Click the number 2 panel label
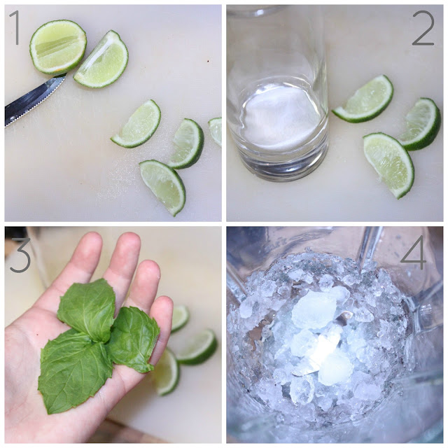423,28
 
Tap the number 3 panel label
20,255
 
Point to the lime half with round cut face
58,47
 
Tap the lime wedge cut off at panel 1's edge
216,131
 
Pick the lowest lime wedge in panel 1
163,185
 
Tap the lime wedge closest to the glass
364,99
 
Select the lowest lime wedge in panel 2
389,164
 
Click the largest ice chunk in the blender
314,309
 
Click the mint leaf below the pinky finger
134,339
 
